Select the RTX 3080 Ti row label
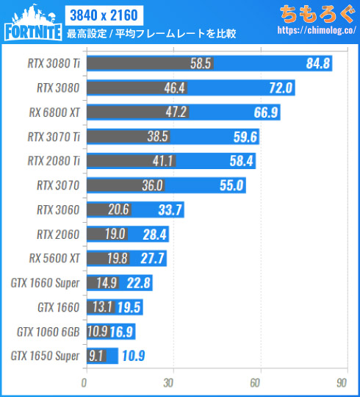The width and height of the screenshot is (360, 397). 53,64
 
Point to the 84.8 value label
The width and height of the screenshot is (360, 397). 317,64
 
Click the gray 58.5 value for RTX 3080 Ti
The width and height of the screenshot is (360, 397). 201,64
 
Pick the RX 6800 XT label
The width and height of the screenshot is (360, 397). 55,112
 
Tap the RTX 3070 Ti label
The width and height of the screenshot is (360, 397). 53,137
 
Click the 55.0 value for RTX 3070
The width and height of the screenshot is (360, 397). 231,185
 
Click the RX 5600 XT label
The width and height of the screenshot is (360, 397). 55,259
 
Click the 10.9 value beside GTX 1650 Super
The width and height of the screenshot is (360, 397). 133,356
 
